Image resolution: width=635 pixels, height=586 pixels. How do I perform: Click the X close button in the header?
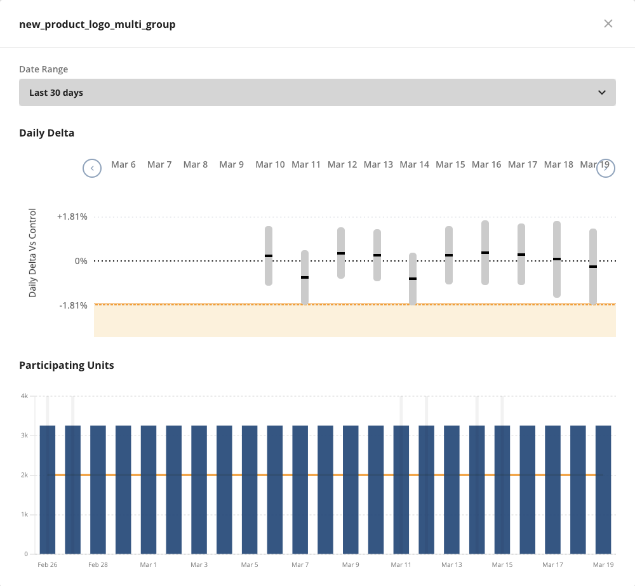point(608,23)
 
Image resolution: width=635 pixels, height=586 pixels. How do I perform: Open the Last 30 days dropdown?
point(317,93)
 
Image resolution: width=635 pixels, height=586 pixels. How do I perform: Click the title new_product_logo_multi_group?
point(97,24)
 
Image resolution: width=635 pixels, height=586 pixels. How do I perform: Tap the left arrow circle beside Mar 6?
point(92,168)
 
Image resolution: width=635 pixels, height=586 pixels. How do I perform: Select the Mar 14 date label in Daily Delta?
point(414,164)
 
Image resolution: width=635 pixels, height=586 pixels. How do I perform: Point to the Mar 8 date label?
point(196,164)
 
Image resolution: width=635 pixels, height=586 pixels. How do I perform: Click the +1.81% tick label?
point(72,216)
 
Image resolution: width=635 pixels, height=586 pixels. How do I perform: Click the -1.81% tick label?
point(73,305)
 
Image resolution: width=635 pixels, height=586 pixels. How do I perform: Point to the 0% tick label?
point(81,261)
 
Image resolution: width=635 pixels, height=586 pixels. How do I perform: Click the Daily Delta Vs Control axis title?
point(33,253)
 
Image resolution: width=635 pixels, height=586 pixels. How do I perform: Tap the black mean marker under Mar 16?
point(485,253)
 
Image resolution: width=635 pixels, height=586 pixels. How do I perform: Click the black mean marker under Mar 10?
point(269,256)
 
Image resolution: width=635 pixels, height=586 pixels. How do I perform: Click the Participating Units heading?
point(67,365)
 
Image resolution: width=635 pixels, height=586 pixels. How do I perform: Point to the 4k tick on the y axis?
point(24,396)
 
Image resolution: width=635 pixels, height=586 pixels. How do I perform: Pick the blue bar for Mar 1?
point(149,489)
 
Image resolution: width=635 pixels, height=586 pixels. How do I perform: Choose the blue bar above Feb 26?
point(48,489)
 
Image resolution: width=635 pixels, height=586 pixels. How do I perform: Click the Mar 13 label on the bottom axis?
point(451,564)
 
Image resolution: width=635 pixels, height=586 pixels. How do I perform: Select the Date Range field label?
point(44,69)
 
